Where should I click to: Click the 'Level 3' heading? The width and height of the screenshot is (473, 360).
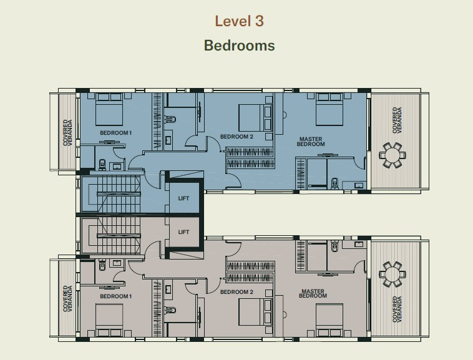tap(239, 21)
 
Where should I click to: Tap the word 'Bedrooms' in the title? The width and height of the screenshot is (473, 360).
tap(239, 46)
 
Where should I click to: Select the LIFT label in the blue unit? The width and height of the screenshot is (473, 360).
tap(183, 198)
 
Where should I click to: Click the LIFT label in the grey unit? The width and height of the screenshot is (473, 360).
tap(183, 232)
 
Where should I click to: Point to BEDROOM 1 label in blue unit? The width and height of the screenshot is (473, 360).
tap(116, 133)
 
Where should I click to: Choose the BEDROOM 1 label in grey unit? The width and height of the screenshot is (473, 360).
tap(116, 296)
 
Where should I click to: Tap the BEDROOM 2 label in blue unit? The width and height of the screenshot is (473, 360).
tap(236, 137)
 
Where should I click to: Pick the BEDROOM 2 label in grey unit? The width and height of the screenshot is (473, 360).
tap(236, 292)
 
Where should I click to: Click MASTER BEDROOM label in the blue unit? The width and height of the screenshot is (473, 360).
tap(311, 142)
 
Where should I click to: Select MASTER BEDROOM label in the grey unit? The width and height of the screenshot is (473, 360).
tap(313, 293)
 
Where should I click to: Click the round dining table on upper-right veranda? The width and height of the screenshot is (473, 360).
tap(392, 155)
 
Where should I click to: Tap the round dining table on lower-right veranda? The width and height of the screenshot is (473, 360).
tap(392, 274)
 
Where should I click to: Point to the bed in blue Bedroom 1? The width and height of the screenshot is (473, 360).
tap(109, 109)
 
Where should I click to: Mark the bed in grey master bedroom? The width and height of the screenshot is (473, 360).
tap(329, 320)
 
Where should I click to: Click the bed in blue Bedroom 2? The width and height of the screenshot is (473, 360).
tap(255, 117)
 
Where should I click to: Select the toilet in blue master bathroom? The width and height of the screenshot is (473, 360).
tap(335, 183)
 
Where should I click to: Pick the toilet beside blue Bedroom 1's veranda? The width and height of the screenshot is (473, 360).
tap(102, 165)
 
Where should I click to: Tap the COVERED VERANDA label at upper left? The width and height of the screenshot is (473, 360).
tap(67, 133)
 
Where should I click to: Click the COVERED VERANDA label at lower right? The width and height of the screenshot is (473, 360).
tap(397, 309)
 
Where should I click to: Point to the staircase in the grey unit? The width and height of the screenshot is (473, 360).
tap(112, 235)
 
